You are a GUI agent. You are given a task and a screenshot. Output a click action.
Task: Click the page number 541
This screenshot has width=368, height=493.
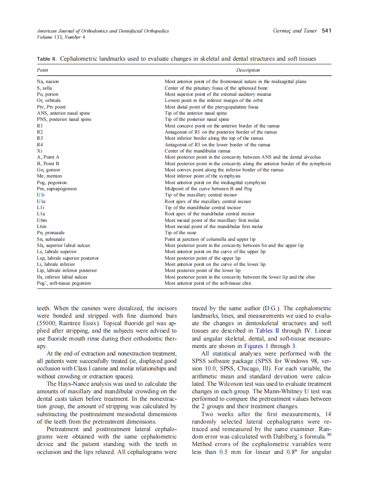(x=326, y=31)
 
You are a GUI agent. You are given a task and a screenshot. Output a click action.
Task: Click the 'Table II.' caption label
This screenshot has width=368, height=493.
(x=47, y=58)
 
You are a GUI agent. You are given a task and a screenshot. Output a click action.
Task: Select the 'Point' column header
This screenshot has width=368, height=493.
(x=43, y=70)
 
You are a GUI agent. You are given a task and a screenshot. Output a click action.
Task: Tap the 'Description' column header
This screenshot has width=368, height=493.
(x=248, y=70)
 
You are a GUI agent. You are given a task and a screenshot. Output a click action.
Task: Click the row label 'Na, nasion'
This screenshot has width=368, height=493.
(x=48, y=82)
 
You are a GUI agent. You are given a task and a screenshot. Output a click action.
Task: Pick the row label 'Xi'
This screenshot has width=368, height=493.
(x=40, y=151)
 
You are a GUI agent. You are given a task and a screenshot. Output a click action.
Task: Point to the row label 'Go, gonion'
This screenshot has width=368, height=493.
(x=49, y=170)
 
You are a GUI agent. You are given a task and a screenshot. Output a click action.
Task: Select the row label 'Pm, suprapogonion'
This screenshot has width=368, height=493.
(x=57, y=188)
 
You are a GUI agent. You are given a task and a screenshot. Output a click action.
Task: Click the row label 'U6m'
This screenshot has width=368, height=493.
(x=42, y=220)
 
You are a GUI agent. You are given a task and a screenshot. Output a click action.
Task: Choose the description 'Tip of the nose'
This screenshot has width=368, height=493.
(x=180, y=233)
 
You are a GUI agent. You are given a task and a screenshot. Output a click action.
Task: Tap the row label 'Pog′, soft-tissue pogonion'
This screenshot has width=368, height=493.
(x=64, y=283)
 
